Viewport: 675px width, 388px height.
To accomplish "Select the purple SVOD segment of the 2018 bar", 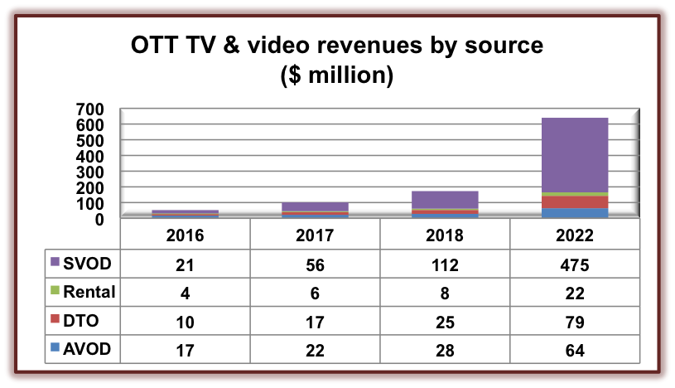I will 444,199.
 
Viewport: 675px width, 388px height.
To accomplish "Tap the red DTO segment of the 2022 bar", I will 573,202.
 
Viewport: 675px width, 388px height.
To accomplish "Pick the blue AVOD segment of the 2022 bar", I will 573,213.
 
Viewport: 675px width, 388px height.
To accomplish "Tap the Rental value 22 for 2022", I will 573,293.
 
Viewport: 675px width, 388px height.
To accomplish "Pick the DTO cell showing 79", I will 573,321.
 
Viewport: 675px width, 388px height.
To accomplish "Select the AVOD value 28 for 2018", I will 444,350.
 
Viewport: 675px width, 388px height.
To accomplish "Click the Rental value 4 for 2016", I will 185,293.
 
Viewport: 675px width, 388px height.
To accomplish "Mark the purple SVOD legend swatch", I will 55,263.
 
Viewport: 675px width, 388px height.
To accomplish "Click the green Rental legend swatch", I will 55,292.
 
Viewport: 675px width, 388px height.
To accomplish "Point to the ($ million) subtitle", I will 337,75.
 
